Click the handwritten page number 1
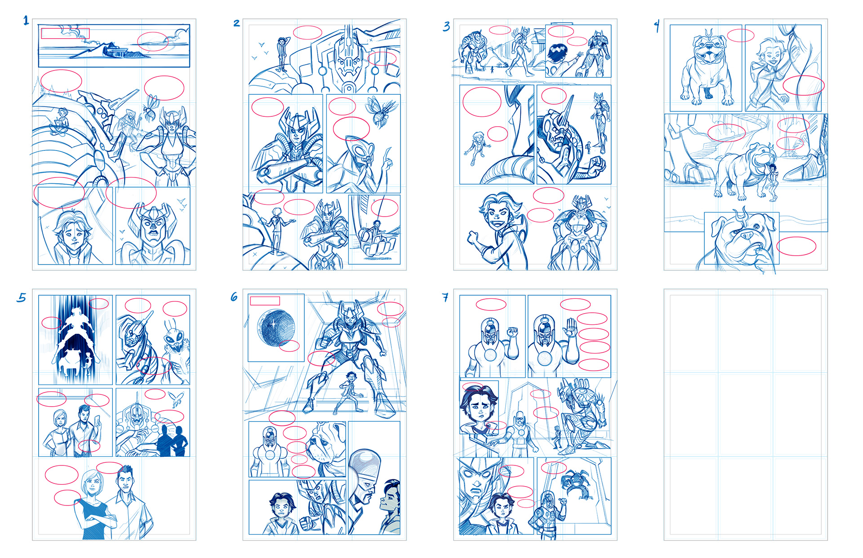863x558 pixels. [x=26, y=21]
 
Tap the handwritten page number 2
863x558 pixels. [x=236, y=23]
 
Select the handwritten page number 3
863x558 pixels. [x=446, y=27]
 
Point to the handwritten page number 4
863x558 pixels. [x=657, y=26]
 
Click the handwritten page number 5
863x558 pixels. [x=22, y=297]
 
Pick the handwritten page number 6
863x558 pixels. [x=234, y=297]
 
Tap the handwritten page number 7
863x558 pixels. [x=445, y=297]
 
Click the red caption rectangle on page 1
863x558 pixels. [x=65, y=34]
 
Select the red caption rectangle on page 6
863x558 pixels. [x=265, y=301]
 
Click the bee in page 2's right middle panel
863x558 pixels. [x=381, y=110]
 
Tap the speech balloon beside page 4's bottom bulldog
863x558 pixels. [x=796, y=246]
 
